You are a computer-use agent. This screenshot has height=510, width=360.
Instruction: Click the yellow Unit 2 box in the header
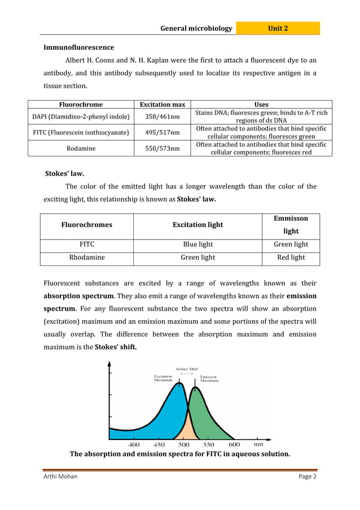(x=278, y=28)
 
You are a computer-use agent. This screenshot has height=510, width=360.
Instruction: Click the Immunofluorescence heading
(x=78, y=47)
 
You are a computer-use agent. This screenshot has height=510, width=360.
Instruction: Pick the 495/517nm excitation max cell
(x=163, y=133)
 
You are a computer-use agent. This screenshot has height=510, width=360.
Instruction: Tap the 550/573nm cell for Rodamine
(x=163, y=149)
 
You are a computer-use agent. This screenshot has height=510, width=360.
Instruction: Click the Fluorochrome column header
(x=81, y=104)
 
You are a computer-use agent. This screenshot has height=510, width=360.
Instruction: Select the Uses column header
(x=261, y=104)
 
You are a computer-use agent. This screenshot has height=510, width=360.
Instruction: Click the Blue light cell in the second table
(x=197, y=245)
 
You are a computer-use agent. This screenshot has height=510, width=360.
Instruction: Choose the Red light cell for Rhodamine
(x=291, y=258)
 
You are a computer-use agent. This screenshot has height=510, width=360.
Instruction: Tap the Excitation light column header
(x=197, y=225)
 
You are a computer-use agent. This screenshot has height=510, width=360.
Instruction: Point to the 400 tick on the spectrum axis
(x=134, y=444)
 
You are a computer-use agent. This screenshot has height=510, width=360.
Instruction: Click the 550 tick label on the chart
(x=208, y=444)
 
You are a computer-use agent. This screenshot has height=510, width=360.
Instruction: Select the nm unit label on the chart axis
(x=258, y=444)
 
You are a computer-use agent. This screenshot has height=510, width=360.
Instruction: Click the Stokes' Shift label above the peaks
(x=186, y=369)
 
